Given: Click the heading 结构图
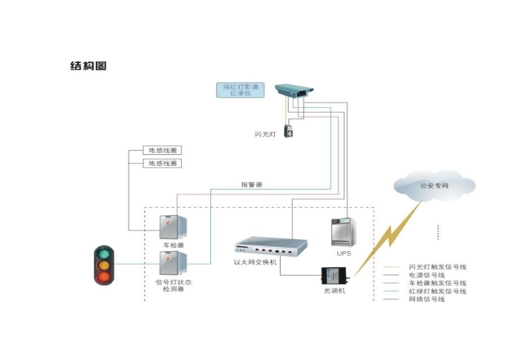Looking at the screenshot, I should tap(88, 66).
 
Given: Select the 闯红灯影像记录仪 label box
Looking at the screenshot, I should tap(241, 89).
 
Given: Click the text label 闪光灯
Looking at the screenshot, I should tap(265, 134).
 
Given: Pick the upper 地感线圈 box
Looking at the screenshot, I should tap(162, 151).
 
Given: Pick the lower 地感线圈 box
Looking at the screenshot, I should tap(162, 163).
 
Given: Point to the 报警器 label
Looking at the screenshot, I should tap(252, 184).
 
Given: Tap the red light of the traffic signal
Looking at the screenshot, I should tap(104, 276).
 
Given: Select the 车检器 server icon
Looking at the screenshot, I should tap(173, 227).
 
